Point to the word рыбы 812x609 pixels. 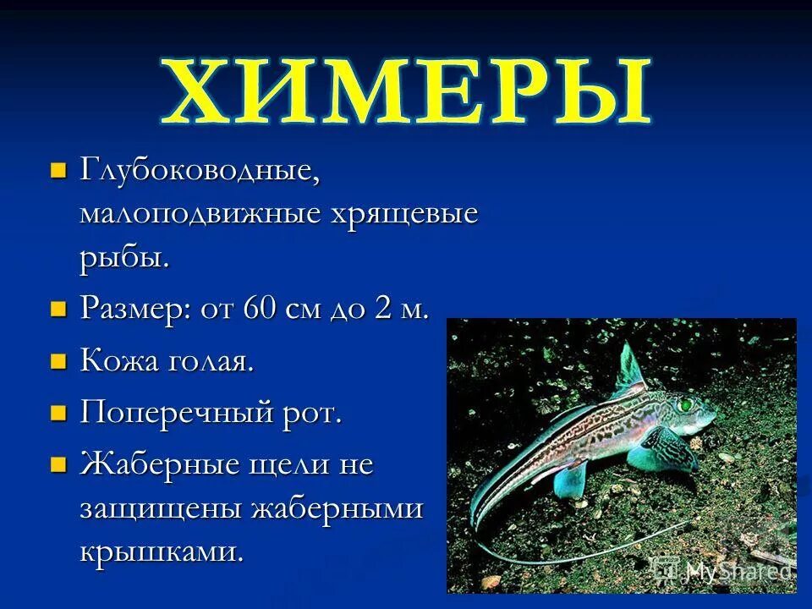124,257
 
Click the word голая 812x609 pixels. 211,362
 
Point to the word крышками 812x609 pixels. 162,552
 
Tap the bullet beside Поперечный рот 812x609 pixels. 58,414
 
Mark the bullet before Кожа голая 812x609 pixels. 58,361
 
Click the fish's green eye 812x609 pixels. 684,405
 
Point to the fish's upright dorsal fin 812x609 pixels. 630,366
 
